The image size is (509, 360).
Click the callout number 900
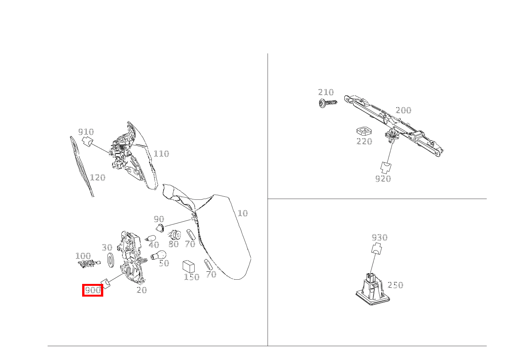point(93,290)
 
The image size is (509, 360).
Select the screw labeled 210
point(328,103)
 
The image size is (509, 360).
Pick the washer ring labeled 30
point(110,260)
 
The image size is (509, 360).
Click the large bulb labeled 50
point(159,255)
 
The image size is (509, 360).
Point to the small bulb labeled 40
point(152,238)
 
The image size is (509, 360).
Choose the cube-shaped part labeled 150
point(188,266)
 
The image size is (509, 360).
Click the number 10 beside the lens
point(243,213)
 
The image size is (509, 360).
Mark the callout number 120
point(98,178)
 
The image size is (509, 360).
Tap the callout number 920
point(383,179)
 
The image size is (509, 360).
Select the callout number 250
point(395,285)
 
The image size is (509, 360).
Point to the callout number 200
point(403,111)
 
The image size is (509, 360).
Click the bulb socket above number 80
point(175,234)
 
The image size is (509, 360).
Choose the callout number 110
point(161,154)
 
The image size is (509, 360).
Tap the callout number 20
point(142,290)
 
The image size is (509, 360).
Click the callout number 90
point(159,219)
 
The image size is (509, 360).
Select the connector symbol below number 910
point(88,142)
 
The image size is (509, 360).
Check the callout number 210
point(326,92)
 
